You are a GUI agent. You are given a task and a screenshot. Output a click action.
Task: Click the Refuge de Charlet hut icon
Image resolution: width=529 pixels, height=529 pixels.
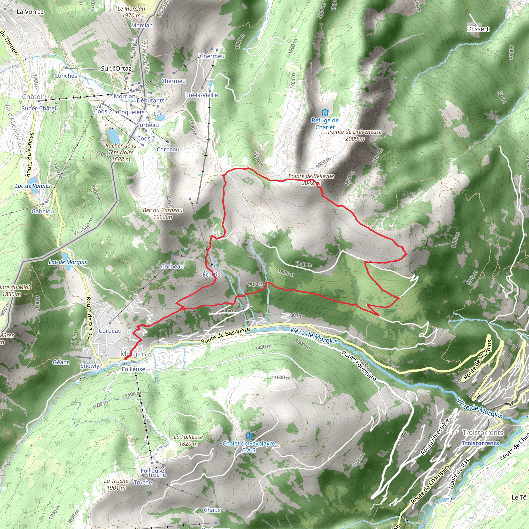point(325,113)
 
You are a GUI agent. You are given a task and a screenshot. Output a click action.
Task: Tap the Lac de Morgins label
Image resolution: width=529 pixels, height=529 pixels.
point(68,262)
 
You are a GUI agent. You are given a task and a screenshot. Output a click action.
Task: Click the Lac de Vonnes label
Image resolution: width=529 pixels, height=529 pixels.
point(33,186)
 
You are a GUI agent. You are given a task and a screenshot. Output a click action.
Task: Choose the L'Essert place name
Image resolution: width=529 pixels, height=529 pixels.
point(478,29)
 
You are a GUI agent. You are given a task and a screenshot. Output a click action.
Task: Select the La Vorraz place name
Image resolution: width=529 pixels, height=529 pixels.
point(30,12)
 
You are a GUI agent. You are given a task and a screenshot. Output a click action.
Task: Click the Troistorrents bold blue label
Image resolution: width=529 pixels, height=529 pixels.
point(480,443)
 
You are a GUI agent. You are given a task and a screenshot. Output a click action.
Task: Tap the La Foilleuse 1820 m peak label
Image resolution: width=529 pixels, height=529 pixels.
point(188,440)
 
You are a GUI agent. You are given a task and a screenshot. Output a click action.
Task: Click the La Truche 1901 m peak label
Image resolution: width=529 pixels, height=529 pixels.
point(116,484)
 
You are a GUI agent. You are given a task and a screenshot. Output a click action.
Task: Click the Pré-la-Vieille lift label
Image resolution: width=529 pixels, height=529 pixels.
point(201,95)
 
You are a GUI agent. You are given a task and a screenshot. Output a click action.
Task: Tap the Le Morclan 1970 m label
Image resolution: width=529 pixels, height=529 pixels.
point(131,12)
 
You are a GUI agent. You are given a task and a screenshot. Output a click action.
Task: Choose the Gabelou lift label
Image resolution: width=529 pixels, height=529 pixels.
point(42,211)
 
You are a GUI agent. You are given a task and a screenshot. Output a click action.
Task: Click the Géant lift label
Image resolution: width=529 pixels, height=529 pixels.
point(61,362)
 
